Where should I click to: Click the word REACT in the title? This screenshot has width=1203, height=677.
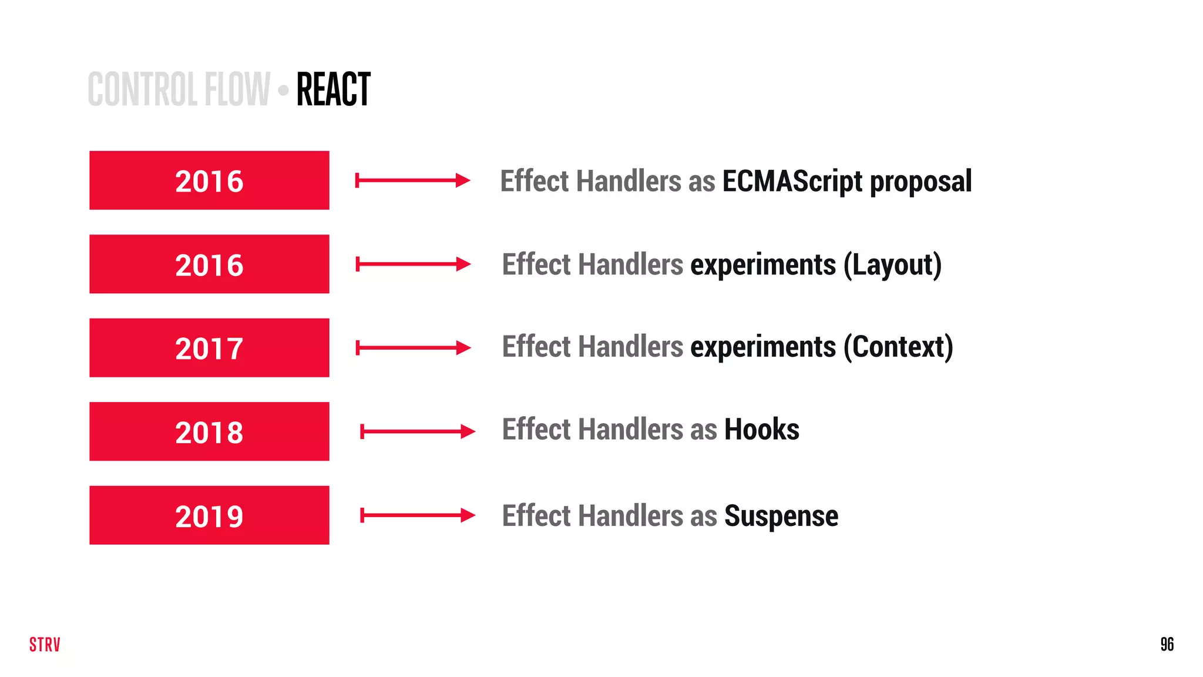point(333,89)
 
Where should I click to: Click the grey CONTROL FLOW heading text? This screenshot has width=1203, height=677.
point(179,89)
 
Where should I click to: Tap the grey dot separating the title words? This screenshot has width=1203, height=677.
point(284,91)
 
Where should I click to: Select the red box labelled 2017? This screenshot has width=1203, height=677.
point(209,348)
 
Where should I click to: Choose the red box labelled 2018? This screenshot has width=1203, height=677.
point(209,431)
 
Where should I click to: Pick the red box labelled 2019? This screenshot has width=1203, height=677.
point(209,515)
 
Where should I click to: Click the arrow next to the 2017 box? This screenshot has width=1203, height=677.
point(413,348)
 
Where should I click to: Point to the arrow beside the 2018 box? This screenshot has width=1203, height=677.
point(417,432)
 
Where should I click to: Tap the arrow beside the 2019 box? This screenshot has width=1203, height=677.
point(417,515)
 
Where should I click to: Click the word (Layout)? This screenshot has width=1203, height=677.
point(892,265)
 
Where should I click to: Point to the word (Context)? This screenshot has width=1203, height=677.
point(898,347)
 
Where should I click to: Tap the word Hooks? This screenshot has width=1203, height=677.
point(761,430)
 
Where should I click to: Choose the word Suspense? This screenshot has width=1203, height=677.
point(781,517)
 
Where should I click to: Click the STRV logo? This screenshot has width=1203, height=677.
point(45,645)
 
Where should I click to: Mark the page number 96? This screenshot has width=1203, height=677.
point(1167,645)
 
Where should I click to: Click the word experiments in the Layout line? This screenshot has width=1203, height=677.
point(762,265)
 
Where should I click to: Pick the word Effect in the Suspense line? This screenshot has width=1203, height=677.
point(536,516)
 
